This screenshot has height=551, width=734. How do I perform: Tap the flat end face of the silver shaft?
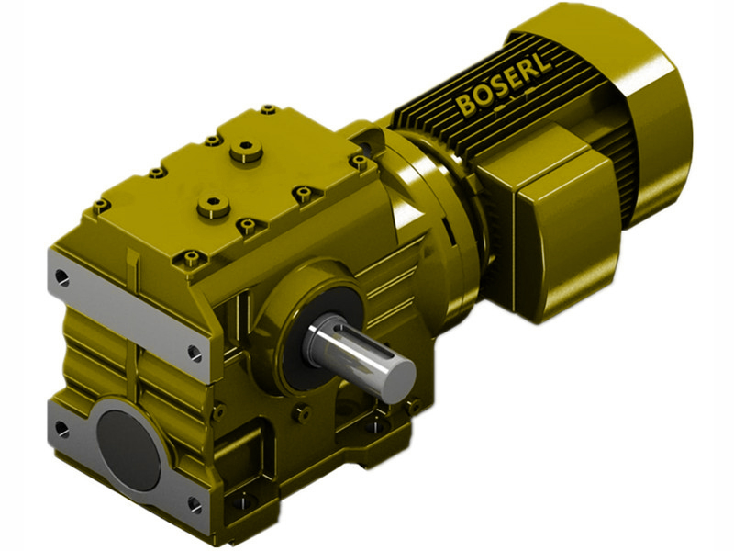397,378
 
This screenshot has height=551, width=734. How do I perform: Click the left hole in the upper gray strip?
61,275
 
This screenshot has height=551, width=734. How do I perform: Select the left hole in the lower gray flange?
61,428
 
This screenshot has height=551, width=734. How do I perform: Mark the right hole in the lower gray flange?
194,503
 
